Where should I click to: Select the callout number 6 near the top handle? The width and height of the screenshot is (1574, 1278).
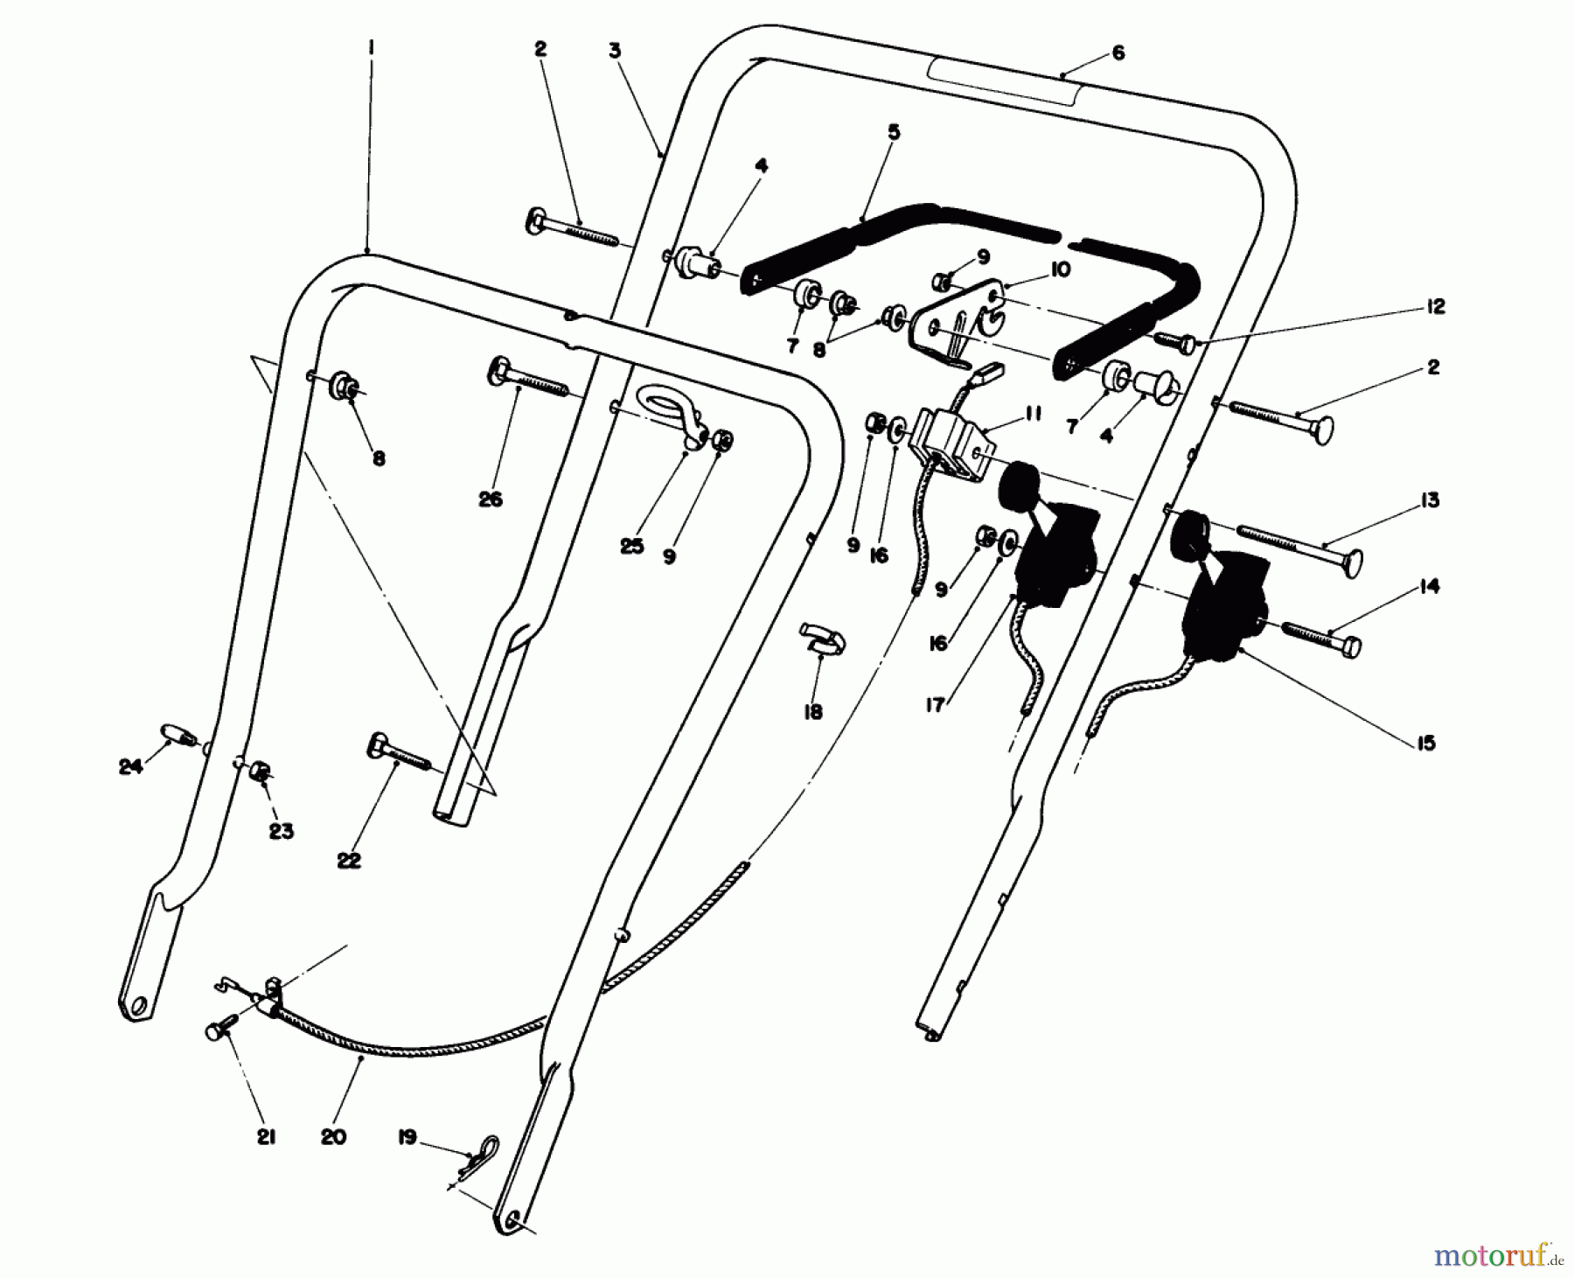tap(1118, 53)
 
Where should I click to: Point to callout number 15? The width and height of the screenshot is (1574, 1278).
tap(1425, 743)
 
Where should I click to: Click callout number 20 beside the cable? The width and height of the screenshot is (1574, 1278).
tap(333, 1136)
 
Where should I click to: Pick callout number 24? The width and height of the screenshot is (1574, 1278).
tap(130, 767)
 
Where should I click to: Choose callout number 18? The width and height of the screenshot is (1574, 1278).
tap(812, 712)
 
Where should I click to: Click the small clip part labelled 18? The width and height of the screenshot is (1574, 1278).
tap(821, 637)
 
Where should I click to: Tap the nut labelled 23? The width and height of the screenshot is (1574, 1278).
tap(260, 771)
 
